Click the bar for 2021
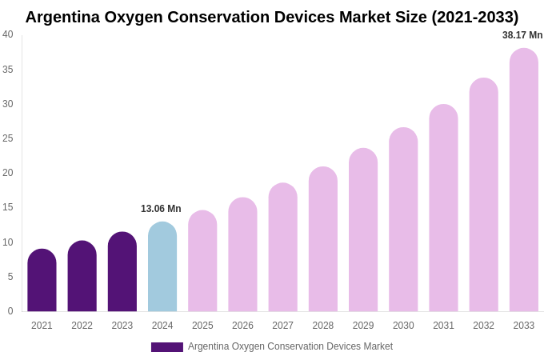click(42, 281)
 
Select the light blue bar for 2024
click(162, 267)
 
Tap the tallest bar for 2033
click(524, 180)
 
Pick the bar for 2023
click(122, 272)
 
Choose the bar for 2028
click(323, 239)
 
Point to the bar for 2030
click(403, 220)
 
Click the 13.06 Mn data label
click(161, 209)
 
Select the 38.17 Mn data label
click(522, 35)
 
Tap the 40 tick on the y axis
click(8, 34)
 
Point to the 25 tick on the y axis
click(8, 138)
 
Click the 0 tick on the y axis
click(10, 311)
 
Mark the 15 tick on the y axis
click(8, 207)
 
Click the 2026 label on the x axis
click(242, 326)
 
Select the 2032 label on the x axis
click(483, 326)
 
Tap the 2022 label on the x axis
click(82, 326)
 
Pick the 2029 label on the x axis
click(363, 326)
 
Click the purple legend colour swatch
click(166, 347)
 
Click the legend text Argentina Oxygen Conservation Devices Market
click(290, 346)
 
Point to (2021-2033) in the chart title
click(474, 17)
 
